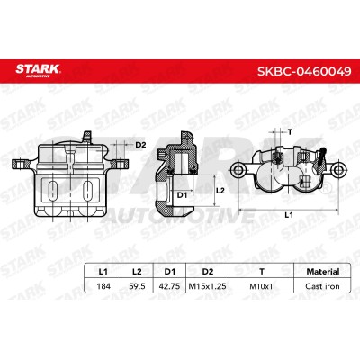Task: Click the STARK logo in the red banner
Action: pos(39,71)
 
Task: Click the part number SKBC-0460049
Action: pos(304,71)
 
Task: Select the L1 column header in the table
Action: pos(103,272)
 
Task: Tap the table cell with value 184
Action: pos(103,286)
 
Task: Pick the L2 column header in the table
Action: pos(137,272)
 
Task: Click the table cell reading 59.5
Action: pos(137,286)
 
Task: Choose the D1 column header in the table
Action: pos(170,272)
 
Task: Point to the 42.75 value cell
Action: pos(170,286)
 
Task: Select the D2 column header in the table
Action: pos(208,272)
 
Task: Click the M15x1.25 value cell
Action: pos(207,286)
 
